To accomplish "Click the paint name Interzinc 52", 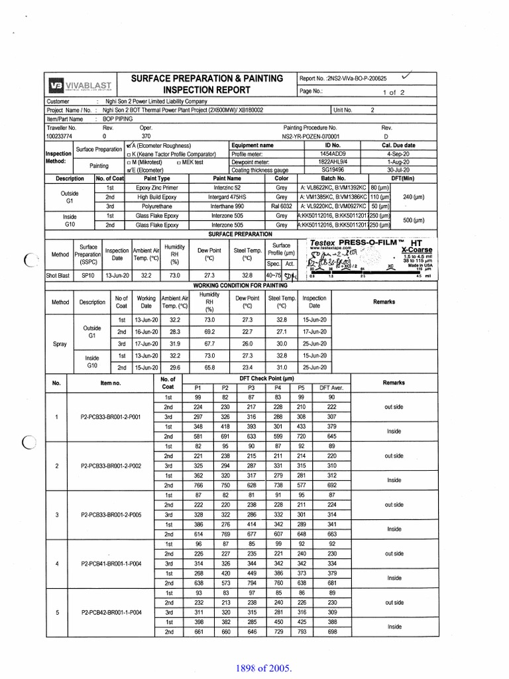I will pyautogui.click(x=227, y=188).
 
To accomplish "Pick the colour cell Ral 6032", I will pyautogui.click(x=282, y=206).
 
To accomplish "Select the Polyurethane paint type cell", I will pyautogui.click(x=157, y=206).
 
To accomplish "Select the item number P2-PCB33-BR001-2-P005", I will pyautogui.click(x=111, y=515).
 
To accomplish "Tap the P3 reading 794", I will pyautogui.click(x=251, y=582).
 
